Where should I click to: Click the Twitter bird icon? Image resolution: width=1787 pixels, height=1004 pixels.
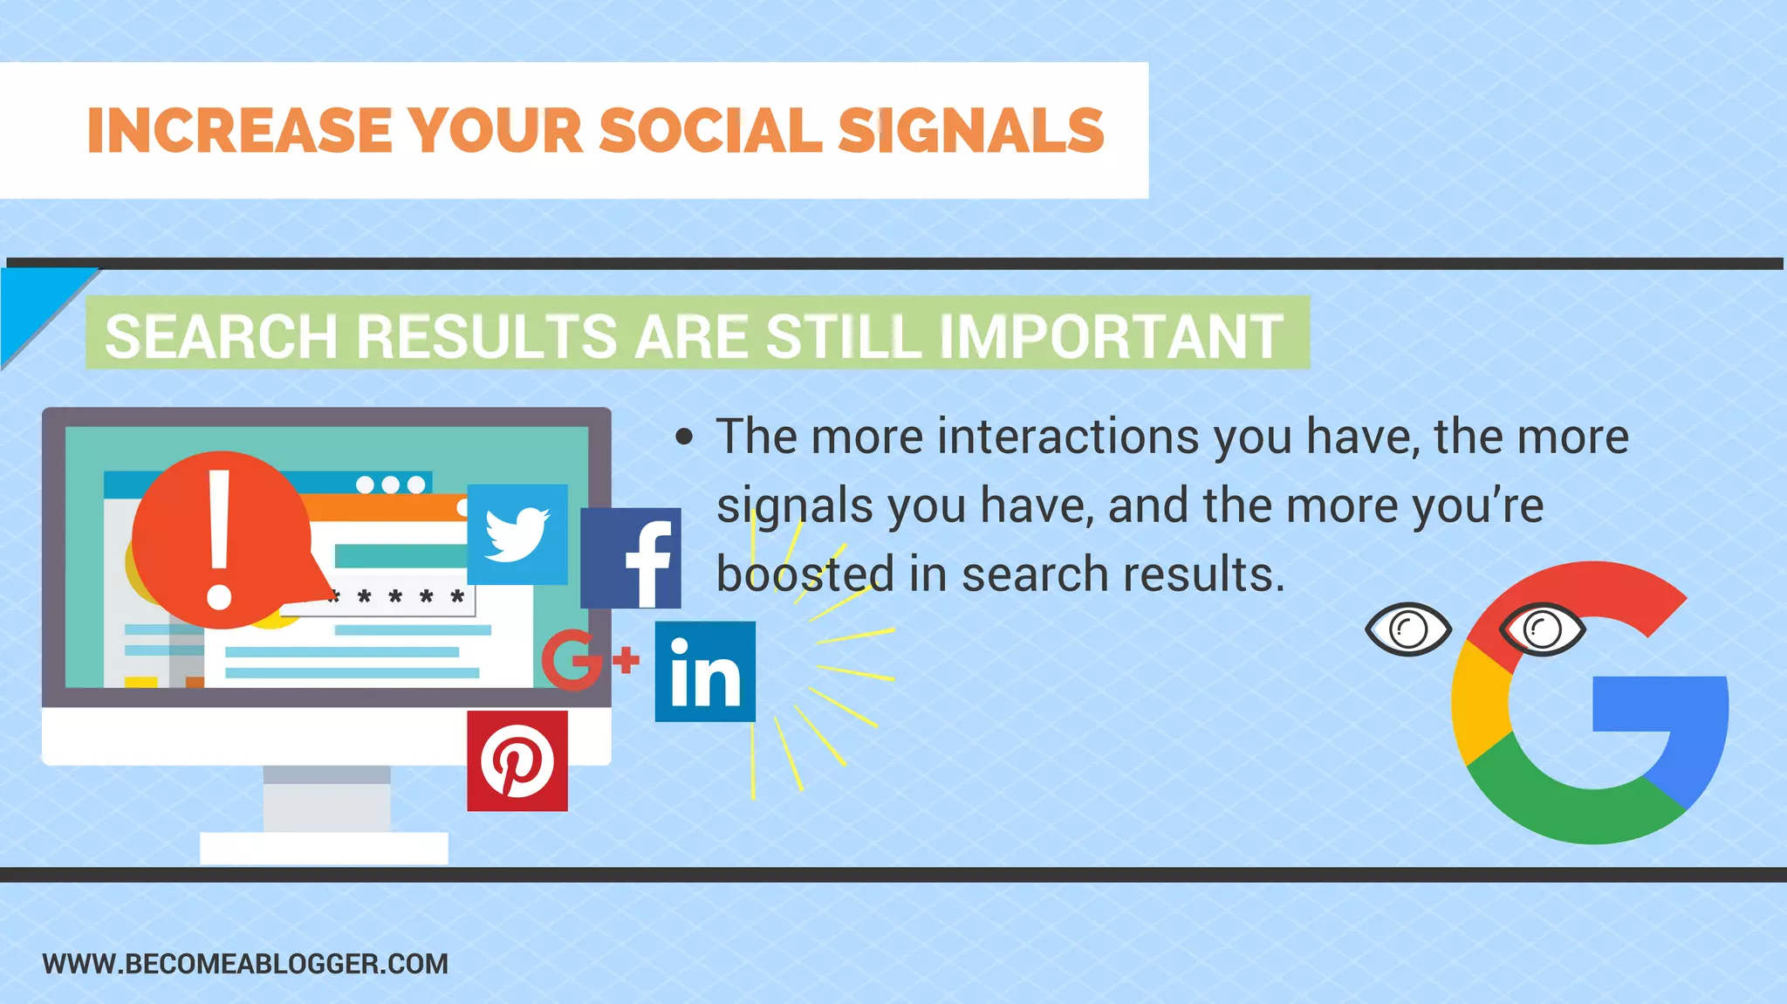tap(517, 534)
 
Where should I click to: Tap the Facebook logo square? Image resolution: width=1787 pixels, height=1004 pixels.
tap(631, 558)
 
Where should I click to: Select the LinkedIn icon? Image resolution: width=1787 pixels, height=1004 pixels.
tap(705, 671)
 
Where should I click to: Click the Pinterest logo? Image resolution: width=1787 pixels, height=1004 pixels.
tap(517, 760)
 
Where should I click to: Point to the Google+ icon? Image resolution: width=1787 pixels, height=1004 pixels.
tap(586, 660)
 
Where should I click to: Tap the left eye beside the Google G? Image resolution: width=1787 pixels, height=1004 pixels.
tap(1407, 629)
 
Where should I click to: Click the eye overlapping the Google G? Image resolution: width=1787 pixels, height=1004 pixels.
tap(1542, 629)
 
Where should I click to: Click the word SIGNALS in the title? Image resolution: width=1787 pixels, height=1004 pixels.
tap(971, 131)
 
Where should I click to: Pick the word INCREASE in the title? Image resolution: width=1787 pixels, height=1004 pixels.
tap(239, 131)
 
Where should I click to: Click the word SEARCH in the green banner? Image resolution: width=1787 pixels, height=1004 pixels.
tap(221, 336)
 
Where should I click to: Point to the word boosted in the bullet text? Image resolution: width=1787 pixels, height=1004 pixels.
tap(805, 574)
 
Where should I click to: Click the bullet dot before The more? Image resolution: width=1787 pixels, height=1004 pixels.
tap(684, 437)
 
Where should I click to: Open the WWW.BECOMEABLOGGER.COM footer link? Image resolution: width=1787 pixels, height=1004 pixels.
tap(245, 964)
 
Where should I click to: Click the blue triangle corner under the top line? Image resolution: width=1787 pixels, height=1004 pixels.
tap(35, 301)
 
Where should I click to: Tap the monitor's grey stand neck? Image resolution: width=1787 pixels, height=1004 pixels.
tap(327, 799)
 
